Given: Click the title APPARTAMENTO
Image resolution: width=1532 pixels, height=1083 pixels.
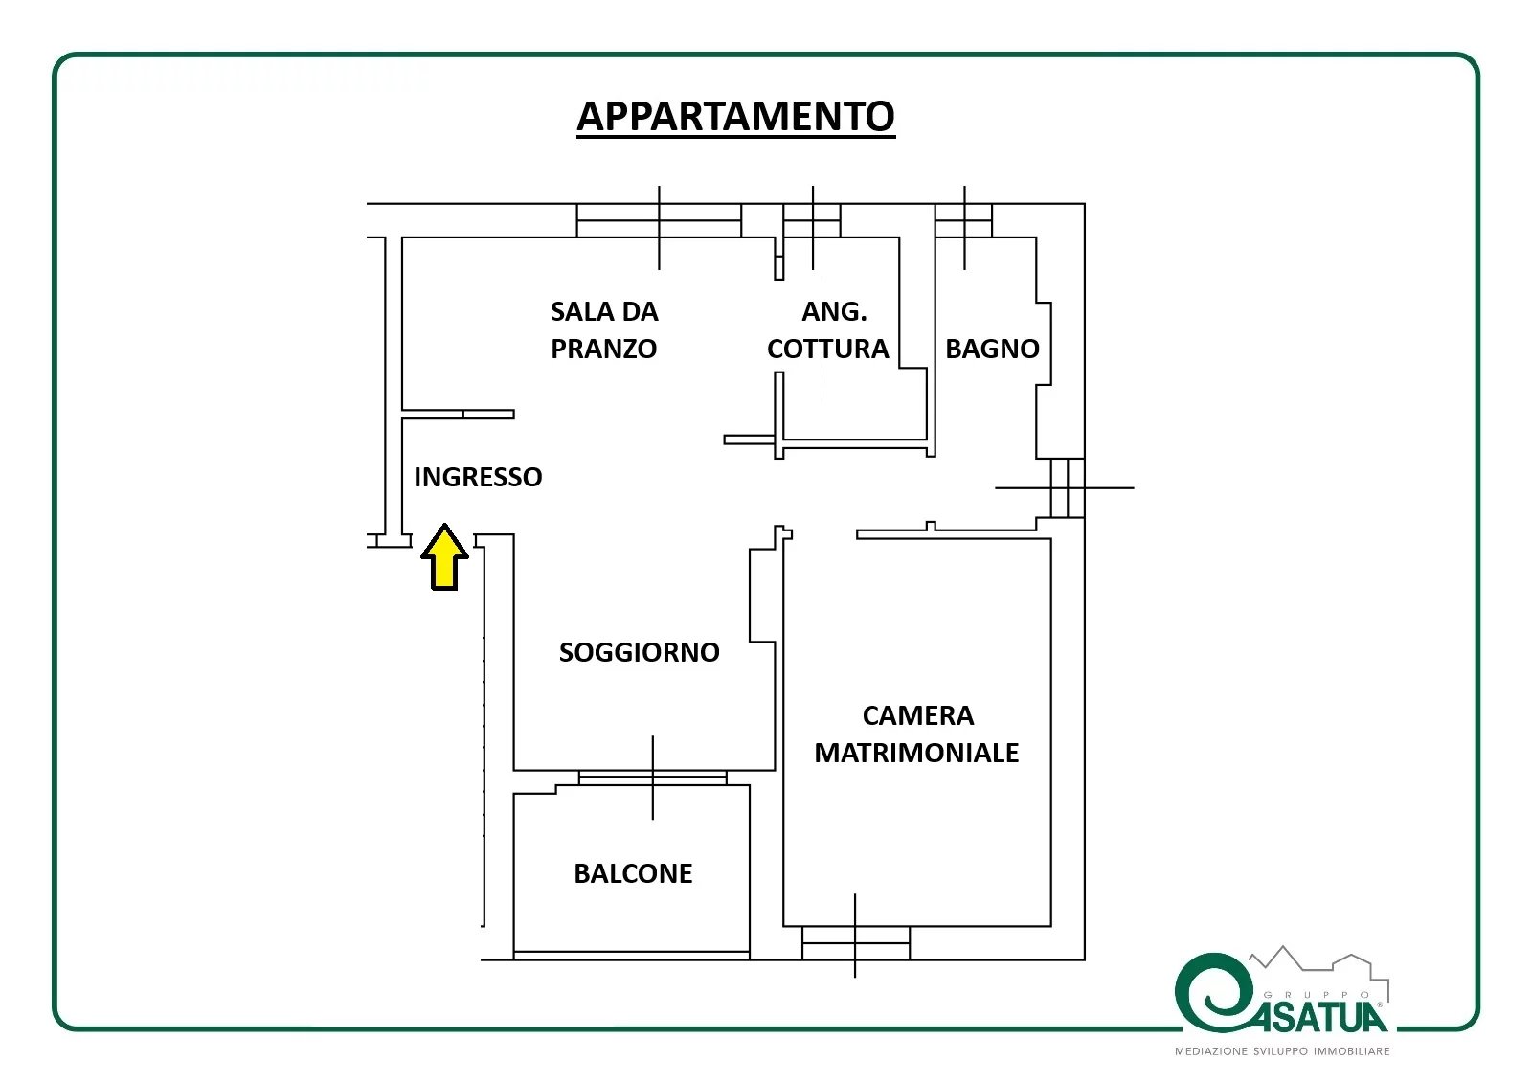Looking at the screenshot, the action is tap(736, 116).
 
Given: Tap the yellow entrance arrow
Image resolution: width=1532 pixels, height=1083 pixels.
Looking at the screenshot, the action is tap(444, 557).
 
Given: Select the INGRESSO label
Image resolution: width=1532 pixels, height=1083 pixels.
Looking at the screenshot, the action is tap(478, 477).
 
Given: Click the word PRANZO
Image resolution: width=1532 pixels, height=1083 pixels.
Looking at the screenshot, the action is tap(603, 349).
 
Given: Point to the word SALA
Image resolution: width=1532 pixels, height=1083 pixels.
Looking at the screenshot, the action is tap(577, 312).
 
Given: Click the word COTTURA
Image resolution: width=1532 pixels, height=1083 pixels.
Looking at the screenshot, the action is tap(827, 349).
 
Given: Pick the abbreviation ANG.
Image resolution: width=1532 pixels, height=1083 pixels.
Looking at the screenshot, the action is tap(834, 312).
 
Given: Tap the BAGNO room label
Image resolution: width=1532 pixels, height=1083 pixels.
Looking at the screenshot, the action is tap(992, 349).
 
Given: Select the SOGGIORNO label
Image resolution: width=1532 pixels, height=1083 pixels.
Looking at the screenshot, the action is tap(639, 652).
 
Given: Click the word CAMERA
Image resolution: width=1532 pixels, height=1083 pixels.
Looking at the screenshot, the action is tap(918, 715).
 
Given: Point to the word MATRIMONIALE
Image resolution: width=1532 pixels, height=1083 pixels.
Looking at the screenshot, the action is tap(916, 754).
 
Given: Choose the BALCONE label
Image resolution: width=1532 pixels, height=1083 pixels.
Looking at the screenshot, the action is tap(633, 873).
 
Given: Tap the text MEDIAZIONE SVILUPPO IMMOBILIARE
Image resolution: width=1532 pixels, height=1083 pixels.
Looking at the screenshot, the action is tap(1282, 1050).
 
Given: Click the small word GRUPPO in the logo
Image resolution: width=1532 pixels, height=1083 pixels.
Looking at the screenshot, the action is tap(1317, 995).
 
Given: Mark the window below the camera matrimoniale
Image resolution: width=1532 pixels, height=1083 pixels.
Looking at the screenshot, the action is tap(856, 943).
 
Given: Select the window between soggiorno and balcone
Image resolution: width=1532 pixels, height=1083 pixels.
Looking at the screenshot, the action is tap(652, 778).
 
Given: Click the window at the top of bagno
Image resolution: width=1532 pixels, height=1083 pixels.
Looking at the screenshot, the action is tap(963, 220).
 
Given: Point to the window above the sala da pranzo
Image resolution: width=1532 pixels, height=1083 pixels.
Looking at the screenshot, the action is tap(659, 220).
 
